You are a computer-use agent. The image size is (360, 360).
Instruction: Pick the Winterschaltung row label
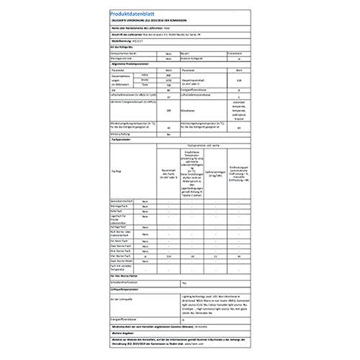click(122, 153)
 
